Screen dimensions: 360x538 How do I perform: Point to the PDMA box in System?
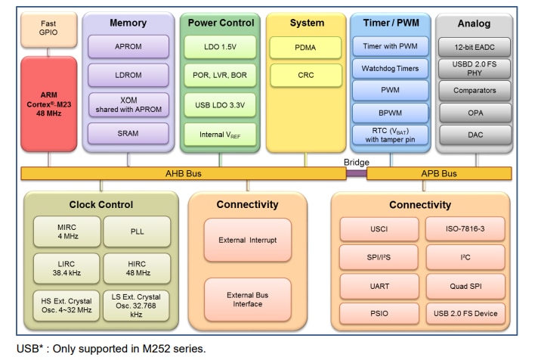(305, 47)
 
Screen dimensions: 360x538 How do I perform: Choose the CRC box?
(305, 76)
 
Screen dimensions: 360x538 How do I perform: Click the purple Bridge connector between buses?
(356, 173)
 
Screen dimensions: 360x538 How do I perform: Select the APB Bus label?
(438, 173)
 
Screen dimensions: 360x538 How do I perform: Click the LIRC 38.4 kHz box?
(66, 265)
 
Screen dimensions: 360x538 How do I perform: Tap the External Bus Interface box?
(247, 299)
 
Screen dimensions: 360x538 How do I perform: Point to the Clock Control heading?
(100, 204)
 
